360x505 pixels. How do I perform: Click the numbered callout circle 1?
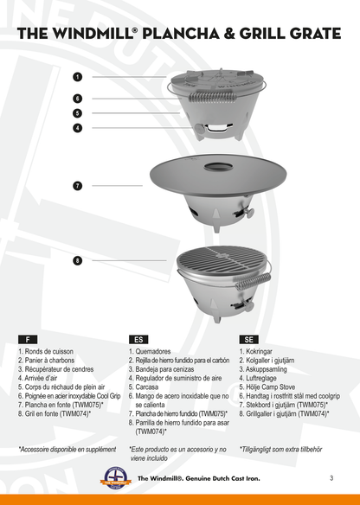[x=77, y=77]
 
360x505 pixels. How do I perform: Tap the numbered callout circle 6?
[x=77, y=99]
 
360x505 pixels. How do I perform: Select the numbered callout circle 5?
[x=77, y=112]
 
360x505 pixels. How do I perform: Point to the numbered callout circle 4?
[x=77, y=127]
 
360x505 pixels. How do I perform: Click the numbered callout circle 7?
[x=77, y=185]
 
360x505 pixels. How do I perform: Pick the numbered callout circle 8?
[x=77, y=259]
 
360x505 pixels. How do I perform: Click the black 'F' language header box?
[x=30, y=340]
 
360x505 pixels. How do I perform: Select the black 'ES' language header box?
[x=139, y=340]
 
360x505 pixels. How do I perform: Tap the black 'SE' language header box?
[x=250, y=340]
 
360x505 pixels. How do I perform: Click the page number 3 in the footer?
[x=331, y=477]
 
